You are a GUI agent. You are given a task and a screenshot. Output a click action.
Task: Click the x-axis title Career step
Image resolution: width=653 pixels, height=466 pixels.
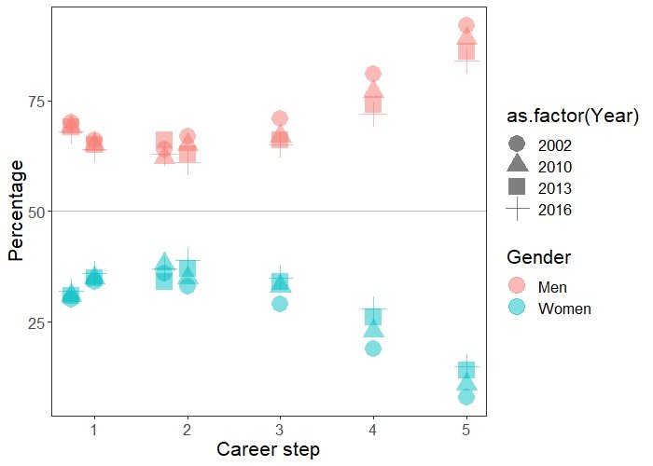point(268,449)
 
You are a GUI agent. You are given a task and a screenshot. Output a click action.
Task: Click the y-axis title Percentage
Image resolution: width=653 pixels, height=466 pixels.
point(16,210)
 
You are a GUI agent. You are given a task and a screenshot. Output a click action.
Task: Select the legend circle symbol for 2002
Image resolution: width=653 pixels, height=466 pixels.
point(518,145)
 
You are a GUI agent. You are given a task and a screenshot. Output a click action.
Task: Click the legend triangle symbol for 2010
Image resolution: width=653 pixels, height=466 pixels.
point(518,166)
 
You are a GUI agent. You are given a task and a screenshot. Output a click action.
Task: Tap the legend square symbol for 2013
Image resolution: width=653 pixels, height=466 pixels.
point(518,187)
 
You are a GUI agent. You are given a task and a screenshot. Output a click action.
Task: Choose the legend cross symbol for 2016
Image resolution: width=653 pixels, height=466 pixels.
point(518,210)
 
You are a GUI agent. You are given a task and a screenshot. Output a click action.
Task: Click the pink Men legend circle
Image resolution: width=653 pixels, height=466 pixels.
point(518,286)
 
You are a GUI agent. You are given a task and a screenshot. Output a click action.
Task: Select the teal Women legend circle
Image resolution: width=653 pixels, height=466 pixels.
point(518,308)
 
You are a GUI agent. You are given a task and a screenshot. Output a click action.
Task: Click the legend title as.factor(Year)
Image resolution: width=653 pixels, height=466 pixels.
point(572,116)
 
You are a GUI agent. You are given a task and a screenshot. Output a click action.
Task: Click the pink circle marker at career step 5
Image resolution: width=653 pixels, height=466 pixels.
point(466,25)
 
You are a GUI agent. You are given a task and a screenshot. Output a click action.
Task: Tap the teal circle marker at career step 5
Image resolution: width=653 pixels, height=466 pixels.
point(466,397)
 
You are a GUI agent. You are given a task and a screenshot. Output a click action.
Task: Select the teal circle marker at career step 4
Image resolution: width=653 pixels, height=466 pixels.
point(373,349)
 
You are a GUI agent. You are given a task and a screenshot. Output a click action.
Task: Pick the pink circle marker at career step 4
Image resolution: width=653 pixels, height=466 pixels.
point(373,74)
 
